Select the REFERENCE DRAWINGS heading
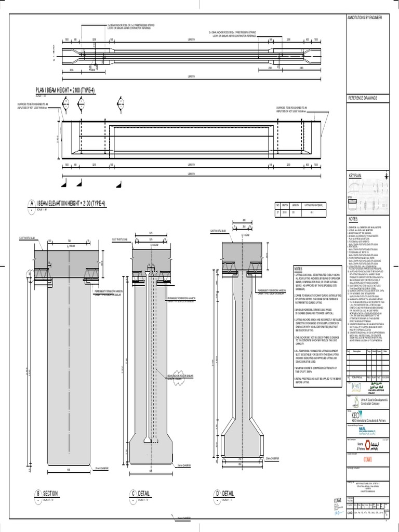pyautogui.click(x=362, y=98)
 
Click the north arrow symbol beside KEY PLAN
pyautogui.click(x=385, y=177)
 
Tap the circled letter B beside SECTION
pyautogui.click(x=38, y=493)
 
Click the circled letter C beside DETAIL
pyautogui.click(x=133, y=493)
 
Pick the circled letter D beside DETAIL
pyautogui.click(x=217, y=493)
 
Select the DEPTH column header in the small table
pyautogui.click(x=286, y=205)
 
